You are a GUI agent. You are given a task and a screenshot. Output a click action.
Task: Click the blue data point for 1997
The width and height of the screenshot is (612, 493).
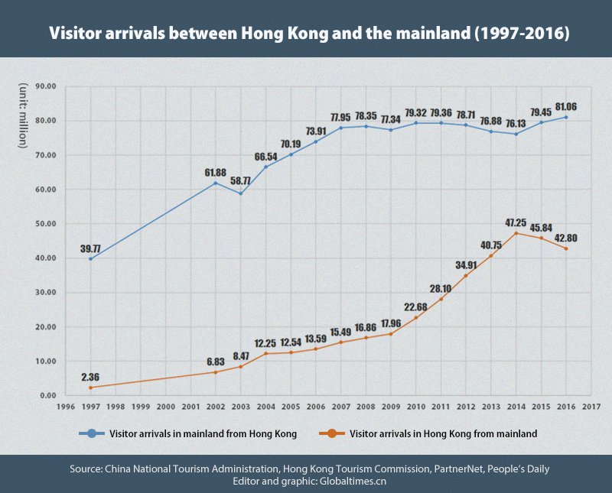pyautogui.click(x=90, y=258)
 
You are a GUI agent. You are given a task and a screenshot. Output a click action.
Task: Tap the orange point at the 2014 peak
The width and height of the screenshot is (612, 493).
pyautogui.click(x=516, y=233)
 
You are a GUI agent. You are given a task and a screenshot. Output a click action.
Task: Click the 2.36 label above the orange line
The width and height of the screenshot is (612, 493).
pyautogui.click(x=90, y=378)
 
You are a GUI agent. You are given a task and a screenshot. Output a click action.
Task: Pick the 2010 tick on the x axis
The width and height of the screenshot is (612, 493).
pyautogui.click(x=416, y=407)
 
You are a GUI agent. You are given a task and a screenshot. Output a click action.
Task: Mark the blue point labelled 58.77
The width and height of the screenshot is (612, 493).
pyautogui.click(x=240, y=193)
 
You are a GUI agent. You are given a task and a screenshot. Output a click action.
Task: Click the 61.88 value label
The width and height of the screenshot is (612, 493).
pyautogui.click(x=215, y=172)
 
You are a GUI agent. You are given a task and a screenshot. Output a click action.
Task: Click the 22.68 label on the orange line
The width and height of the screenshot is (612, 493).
pyautogui.click(x=416, y=307)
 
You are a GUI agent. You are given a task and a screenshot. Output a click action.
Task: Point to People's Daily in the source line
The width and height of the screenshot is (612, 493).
pyautogui.click(x=511, y=468)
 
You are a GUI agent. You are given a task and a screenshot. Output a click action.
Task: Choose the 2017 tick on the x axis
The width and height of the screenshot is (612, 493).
pyautogui.click(x=591, y=407)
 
